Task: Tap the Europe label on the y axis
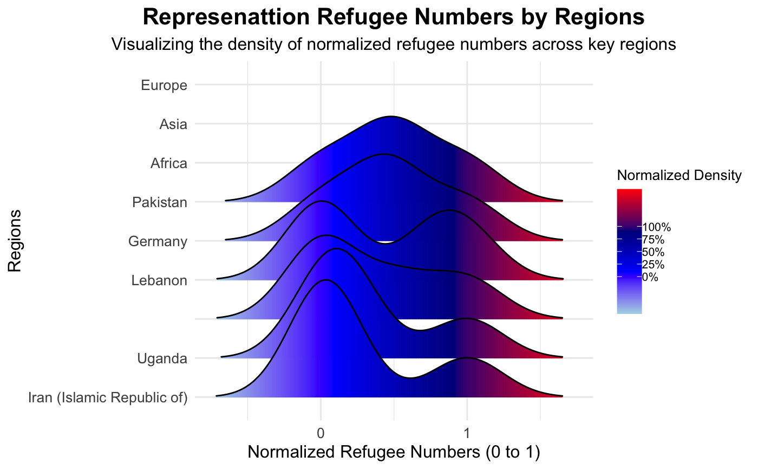pyautogui.click(x=164, y=85)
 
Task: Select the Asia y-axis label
pyautogui.click(x=173, y=124)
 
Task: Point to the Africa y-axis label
pyautogui.click(x=169, y=163)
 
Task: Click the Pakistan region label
pyautogui.click(x=160, y=203)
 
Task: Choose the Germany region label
pyautogui.click(x=158, y=241)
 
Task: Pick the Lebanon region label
pyautogui.click(x=159, y=281)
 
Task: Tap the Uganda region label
pyautogui.click(x=162, y=359)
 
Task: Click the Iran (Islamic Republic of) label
pyautogui.click(x=108, y=399)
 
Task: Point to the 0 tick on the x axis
pyautogui.click(x=321, y=434)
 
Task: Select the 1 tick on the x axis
pyautogui.click(x=467, y=434)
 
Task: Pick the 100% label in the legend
pyautogui.click(x=657, y=227)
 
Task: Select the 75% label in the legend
pyautogui.click(x=654, y=240)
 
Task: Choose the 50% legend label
pyautogui.click(x=654, y=252)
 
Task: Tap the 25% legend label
pyautogui.click(x=654, y=265)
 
